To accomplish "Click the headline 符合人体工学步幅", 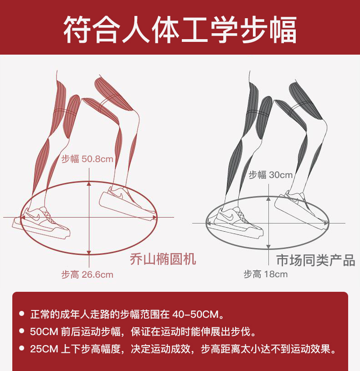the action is coord(180,30).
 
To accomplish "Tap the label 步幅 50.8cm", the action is coord(87,159).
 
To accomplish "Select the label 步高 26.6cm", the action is coord(87,274).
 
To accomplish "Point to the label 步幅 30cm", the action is coord(271,175).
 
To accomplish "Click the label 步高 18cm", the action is coord(266,274).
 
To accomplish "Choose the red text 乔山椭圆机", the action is coord(163,259).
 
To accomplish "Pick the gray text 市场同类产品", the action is coord(315,260).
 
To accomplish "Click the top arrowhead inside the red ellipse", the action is coord(89,183).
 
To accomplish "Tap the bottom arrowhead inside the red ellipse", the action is coord(89,253).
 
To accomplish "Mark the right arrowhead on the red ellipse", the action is coord(154,217).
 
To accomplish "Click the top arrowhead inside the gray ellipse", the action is coord(268,199).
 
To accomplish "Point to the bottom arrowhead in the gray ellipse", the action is coord(268,247).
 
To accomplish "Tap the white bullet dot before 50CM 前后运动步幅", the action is coord(22,331).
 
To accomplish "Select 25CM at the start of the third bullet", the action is coord(44,349).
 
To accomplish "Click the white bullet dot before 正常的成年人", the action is coord(22,314).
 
